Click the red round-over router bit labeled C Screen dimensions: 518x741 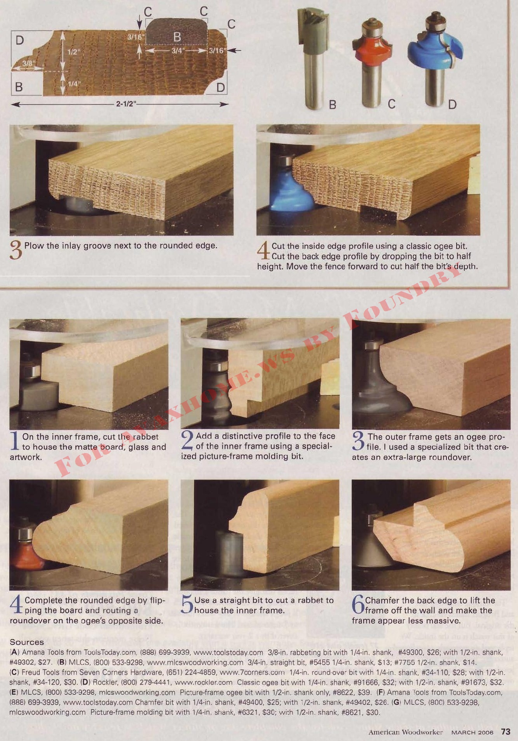coord(372,62)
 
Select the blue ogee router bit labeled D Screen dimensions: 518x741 coord(435,58)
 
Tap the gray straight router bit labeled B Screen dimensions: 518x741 coord(314,58)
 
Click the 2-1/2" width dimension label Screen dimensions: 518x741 coord(125,104)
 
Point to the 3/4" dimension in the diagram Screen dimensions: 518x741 coord(178,51)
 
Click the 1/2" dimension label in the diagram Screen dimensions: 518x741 coord(73,52)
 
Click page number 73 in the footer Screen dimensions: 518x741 coord(506,732)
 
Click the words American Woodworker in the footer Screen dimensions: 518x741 coord(406,732)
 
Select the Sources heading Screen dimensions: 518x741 coord(27,642)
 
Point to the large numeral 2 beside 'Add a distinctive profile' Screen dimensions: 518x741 coord(187,440)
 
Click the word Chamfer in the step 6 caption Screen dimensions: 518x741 coord(381,600)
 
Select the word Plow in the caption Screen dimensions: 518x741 coord(34,246)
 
